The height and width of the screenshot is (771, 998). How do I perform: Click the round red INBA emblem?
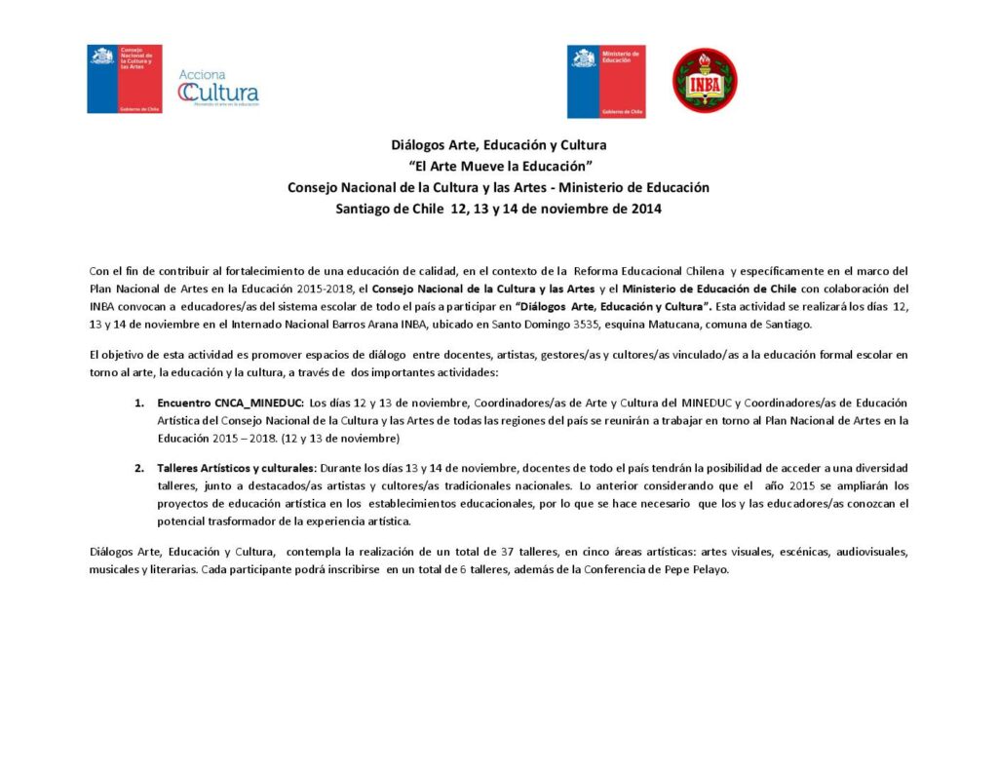point(705,81)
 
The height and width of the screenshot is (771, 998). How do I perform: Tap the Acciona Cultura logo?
point(218,88)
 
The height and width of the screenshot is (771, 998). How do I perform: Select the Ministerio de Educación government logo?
point(605,82)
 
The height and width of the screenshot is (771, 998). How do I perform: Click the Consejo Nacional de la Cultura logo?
point(125,79)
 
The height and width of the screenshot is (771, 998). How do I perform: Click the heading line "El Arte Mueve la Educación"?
point(501,166)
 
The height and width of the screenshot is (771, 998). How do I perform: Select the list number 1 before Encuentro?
point(138,403)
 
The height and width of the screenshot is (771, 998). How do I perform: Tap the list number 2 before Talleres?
point(138,467)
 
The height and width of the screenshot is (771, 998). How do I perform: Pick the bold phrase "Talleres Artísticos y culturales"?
point(235,467)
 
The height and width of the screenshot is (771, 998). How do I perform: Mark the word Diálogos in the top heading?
point(418,145)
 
